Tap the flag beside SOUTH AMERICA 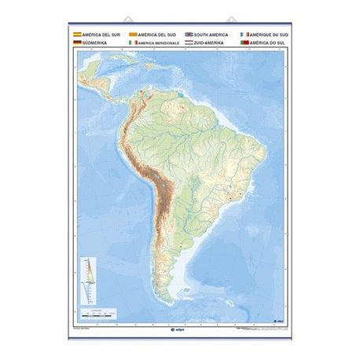pyautogui.click(x=189, y=35)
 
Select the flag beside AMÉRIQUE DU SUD pyautogui.click(x=245, y=35)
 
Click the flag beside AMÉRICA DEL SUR pyautogui.click(x=76, y=35)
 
